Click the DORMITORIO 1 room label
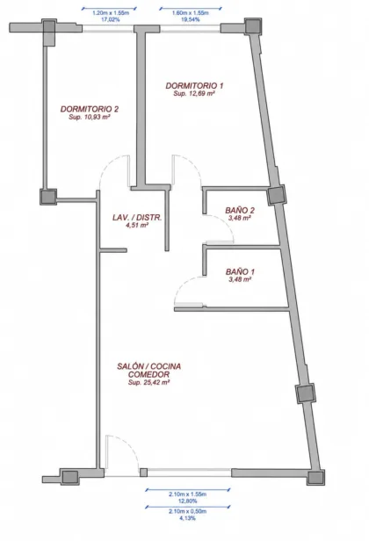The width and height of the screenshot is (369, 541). [x=194, y=85]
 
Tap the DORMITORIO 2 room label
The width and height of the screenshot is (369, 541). [x=90, y=109]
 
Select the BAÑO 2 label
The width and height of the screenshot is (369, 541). [x=240, y=210]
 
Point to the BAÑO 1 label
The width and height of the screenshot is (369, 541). [x=240, y=272]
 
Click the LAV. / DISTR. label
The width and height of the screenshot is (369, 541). [x=137, y=218]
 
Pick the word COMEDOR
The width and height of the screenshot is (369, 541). [x=148, y=374]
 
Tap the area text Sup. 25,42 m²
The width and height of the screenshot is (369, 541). [x=148, y=382]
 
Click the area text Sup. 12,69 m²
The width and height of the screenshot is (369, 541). [x=194, y=93]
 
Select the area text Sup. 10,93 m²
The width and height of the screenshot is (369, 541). [x=90, y=117]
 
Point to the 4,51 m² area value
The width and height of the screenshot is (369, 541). [x=137, y=226]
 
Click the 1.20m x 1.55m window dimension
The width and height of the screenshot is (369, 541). [x=111, y=13]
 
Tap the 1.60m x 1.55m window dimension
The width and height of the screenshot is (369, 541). [x=190, y=13]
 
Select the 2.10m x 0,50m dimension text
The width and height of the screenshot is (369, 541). [x=187, y=511]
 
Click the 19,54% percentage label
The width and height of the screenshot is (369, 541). [x=190, y=19]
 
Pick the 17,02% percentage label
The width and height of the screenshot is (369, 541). [x=111, y=19]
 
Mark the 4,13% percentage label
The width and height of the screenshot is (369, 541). [x=187, y=518]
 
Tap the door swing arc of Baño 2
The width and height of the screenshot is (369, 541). [x=226, y=224]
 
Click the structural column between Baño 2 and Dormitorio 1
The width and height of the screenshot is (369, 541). [x=276, y=195]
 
